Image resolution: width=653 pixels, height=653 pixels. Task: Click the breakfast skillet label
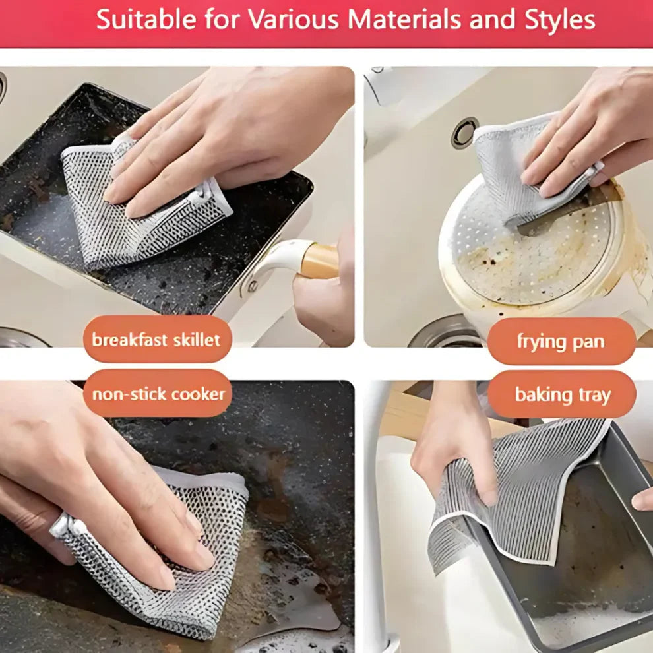tap(156, 340)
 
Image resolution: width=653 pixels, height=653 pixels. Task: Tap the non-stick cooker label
tap(158, 394)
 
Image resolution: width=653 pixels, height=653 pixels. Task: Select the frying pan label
tap(561, 342)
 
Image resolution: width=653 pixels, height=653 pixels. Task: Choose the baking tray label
tap(562, 395)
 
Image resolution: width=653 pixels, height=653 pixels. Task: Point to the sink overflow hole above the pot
tap(464, 132)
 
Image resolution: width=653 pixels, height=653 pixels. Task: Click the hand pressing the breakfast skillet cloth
tap(218, 132)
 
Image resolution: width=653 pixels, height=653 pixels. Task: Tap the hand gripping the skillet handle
tap(323, 297)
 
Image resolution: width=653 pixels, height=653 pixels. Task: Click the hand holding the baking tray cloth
tap(455, 449)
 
